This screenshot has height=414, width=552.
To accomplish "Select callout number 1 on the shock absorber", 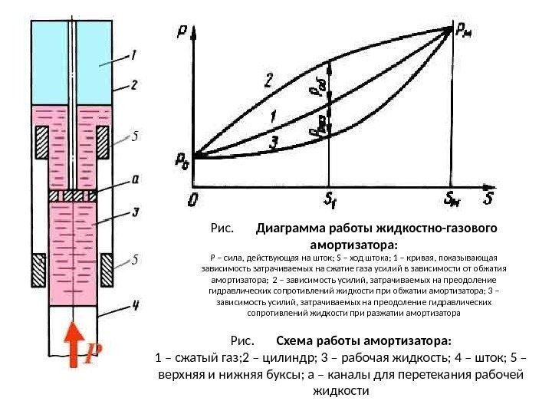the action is click(x=133, y=54).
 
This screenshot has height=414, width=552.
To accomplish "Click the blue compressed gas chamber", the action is click(x=94, y=54).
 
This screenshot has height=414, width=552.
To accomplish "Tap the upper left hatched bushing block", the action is click(x=41, y=143).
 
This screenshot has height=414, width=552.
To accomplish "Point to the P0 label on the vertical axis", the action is click(x=181, y=161).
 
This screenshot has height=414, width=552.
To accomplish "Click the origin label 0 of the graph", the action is click(x=192, y=201).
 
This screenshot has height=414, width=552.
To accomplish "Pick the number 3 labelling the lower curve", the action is click(x=273, y=143).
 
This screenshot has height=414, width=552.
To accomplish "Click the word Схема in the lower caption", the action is click(x=295, y=340).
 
